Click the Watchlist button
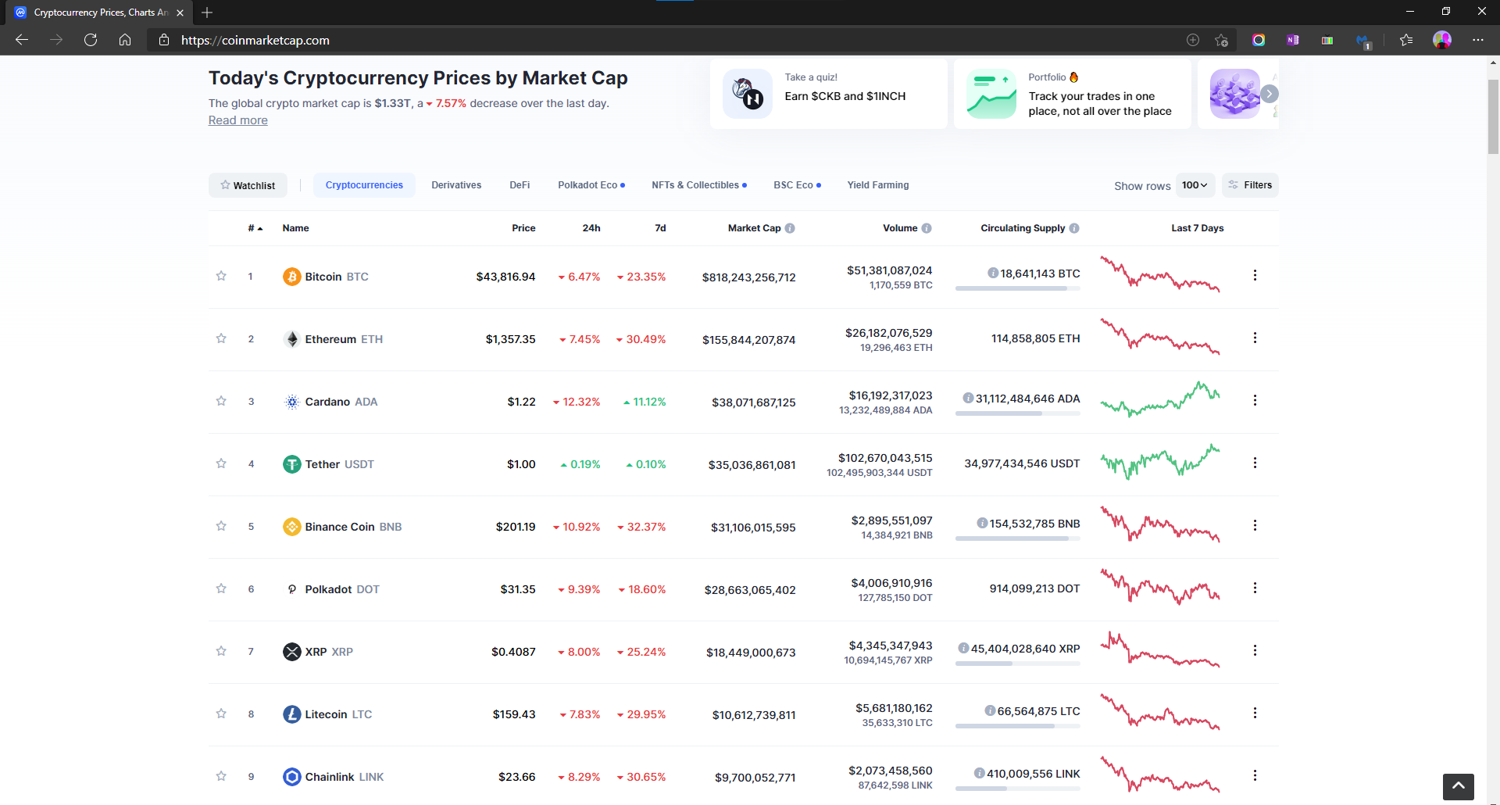tap(248, 185)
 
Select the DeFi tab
tap(520, 185)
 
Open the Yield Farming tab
tap(877, 185)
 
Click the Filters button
tap(1250, 185)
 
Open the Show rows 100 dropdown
tap(1195, 185)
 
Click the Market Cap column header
tap(754, 228)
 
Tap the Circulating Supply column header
tap(1022, 228)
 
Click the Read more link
tap(237, 120)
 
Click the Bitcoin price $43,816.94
tap(505, 277)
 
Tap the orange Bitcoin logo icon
tap(291, 277)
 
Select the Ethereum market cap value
tap(748, 340)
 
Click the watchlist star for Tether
tap(221, 463)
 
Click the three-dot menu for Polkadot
tap(1255, 588)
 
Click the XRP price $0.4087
tap(513, 652)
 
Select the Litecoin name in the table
tap(326, 714)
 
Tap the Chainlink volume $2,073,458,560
tap(890, 771)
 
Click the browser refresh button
tap(91, 40)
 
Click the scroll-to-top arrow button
tap(1458, 786)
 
